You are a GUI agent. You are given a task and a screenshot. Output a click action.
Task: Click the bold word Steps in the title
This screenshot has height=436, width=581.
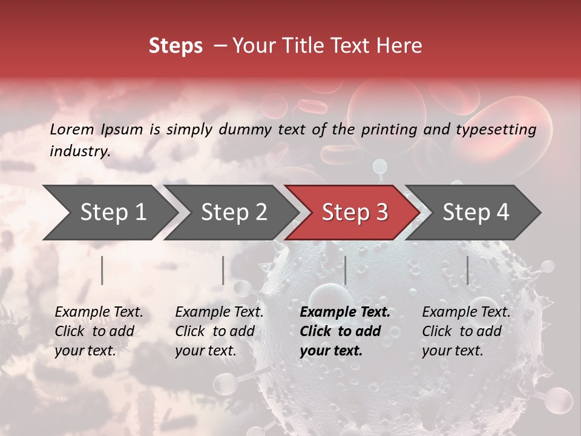point(176,46)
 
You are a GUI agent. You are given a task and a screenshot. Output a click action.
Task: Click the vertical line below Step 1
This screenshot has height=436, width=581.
point(102,270)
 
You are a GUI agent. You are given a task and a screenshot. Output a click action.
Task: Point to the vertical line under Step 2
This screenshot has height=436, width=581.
point(223,270)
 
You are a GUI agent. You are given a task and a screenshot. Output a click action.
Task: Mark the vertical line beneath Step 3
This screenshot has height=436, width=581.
point(346,270)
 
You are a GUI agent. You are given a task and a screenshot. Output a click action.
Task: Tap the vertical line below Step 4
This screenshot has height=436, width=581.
point(468,270)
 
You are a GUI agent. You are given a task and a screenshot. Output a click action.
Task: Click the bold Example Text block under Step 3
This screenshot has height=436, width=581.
point(345,331)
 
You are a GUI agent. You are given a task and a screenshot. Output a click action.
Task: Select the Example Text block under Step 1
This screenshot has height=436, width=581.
point(99,331)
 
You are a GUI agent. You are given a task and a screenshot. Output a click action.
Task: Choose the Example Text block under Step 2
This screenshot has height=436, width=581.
point(219,331)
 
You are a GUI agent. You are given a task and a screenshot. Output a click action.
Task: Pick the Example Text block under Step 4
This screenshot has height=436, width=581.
point(466,331)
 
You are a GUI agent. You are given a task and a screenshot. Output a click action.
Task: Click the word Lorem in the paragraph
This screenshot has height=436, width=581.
point(72,129)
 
